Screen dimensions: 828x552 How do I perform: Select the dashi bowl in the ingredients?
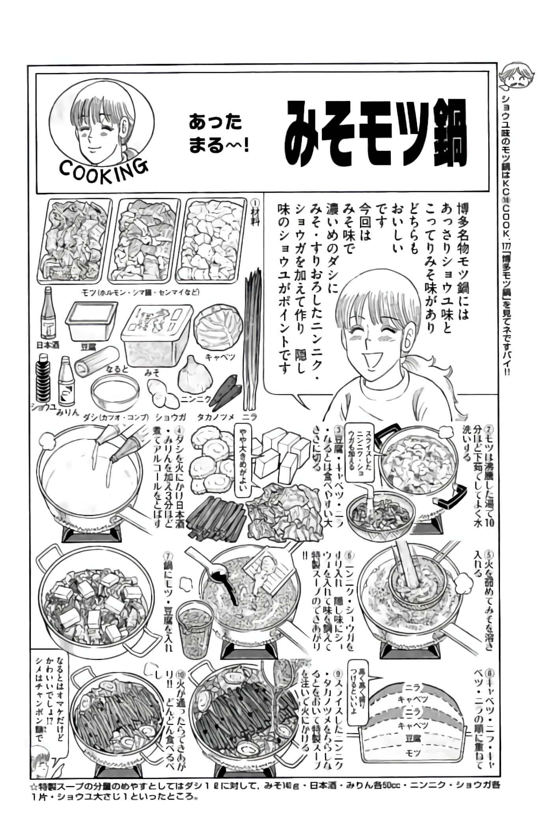pos(115,393)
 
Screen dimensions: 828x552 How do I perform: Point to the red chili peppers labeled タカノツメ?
pos(225,394)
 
